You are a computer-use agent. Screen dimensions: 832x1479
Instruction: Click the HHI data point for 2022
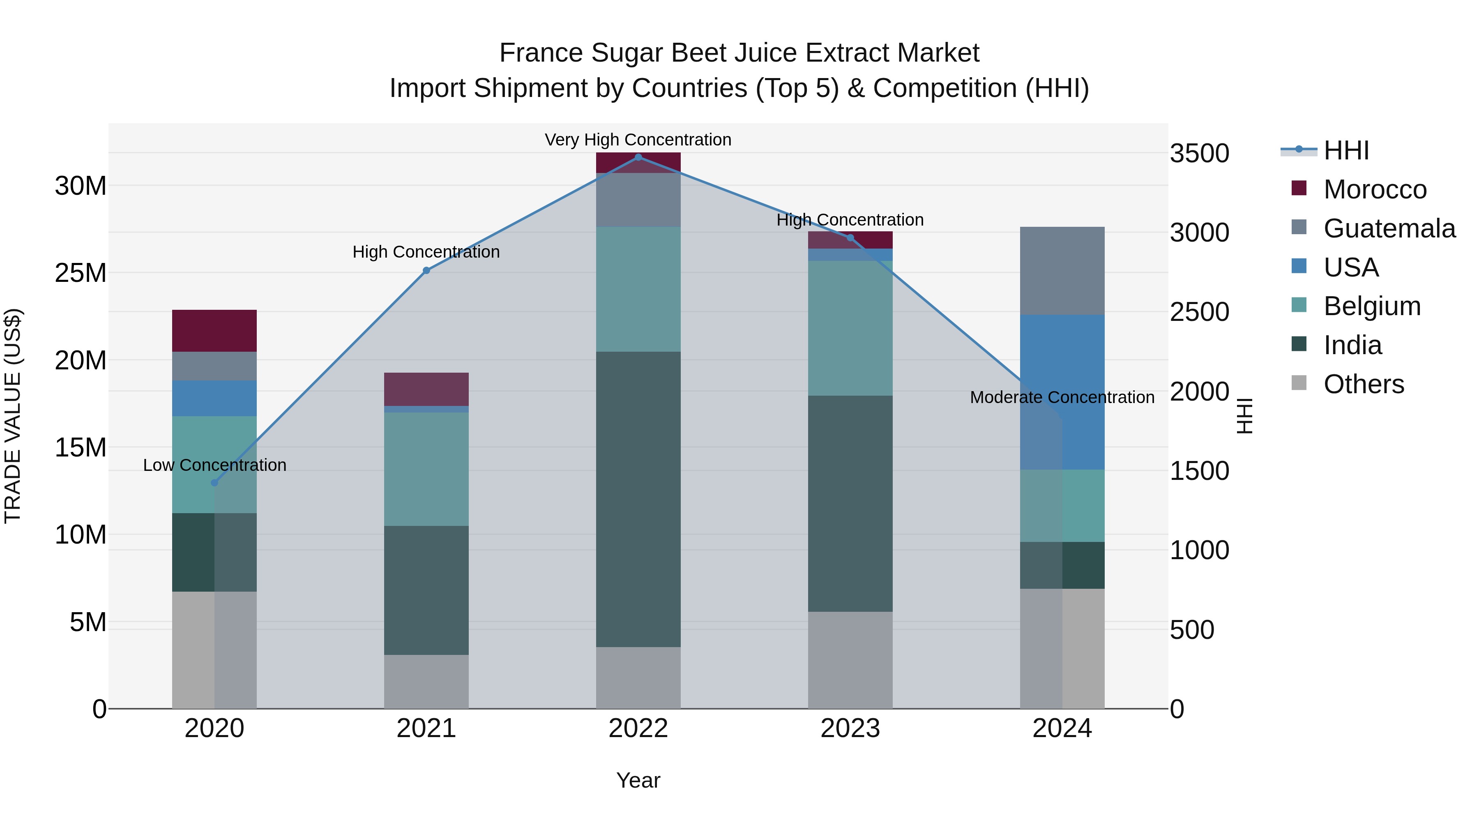click(x=638, y=157)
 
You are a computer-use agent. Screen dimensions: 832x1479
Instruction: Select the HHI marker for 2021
click(x=426, y=270)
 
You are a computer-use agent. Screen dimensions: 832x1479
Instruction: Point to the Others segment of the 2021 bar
click(x=426, y=682)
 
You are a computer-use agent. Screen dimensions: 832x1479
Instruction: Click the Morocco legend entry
click(x=1375, y=189)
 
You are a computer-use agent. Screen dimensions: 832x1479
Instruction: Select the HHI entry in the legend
click(x=1346, y=150)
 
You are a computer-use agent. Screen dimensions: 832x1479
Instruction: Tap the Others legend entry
click(x=1364, y=384)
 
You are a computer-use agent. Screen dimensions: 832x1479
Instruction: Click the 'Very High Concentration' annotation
click(x=638, y=140)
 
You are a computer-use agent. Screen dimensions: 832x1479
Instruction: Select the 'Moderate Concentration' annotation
click(x=1062, y=397)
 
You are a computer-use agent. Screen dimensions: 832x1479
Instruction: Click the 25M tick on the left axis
click(x=81, y=273)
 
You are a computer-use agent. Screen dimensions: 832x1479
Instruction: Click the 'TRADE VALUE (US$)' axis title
click(x=13, y=416)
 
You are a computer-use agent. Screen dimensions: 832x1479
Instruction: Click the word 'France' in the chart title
click(x=541, y=53)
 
